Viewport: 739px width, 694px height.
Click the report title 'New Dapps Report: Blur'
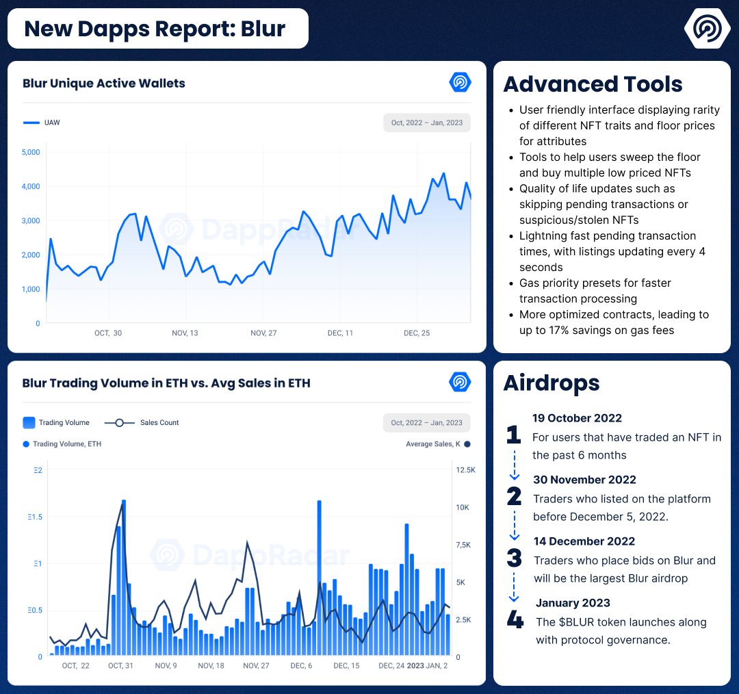[155, 29]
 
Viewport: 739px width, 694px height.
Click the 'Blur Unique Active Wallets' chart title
[104, 83]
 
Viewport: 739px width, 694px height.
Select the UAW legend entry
[42, 123]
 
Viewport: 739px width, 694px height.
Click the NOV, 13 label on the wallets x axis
[185, 333]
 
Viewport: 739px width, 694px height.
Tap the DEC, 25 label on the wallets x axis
[417, 333]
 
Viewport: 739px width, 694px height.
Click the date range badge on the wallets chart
[426, 123]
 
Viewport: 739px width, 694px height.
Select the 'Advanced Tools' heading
[593, 84]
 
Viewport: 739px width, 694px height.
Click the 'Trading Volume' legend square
[29, 422]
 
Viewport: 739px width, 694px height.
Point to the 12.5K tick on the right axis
[465, 470]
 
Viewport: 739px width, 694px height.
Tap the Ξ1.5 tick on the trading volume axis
[35, 517]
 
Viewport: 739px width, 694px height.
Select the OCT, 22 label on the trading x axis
[75, 666]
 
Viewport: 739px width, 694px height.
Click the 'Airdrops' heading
[552, 383]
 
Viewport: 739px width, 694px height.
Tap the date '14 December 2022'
[584, 541]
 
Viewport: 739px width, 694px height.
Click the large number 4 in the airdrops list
[515, 619]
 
